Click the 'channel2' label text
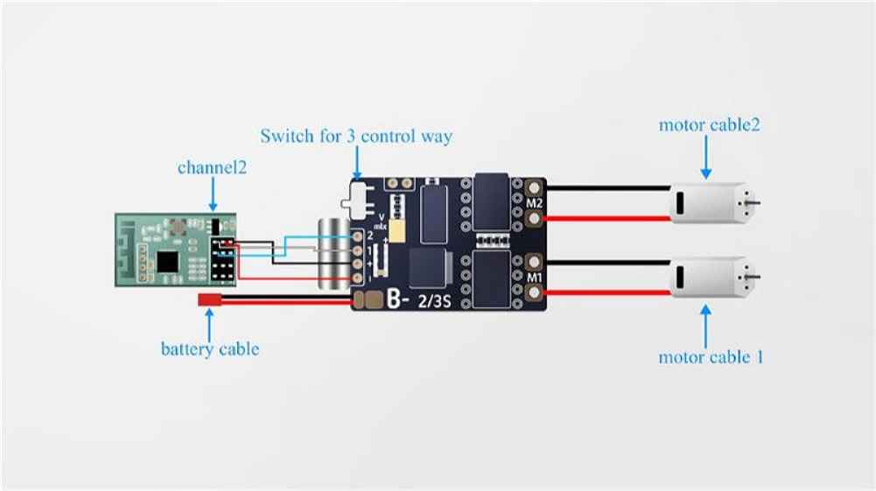tap(212, 167)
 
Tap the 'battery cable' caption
tap(210, 349)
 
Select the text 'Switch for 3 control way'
tap(356, 137)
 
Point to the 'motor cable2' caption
tap(709, 124)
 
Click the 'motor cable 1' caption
tap(711, 357)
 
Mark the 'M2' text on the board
tap(534, 204)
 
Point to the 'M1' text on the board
tap(534, 278)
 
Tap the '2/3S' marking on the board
tap(434, 303)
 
